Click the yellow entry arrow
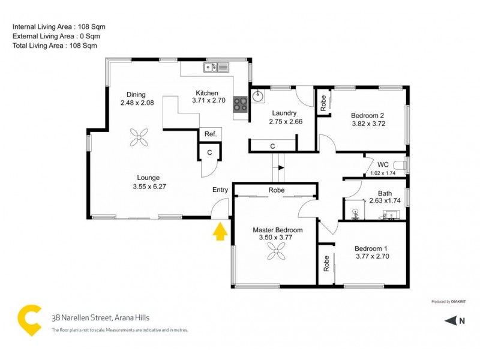point(220,231)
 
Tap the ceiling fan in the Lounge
point(139,137)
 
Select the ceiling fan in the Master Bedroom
point(277,254)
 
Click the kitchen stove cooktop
point(241,104)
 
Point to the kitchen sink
point(211,67)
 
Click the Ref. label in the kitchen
point(210,134)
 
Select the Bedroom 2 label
point(367,115)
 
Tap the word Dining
point(137,94)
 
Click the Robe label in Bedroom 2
point(322,103)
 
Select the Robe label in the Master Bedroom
point(277,190)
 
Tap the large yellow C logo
point(29,320)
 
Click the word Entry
point(220,190)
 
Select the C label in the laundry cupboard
point(272,146)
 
